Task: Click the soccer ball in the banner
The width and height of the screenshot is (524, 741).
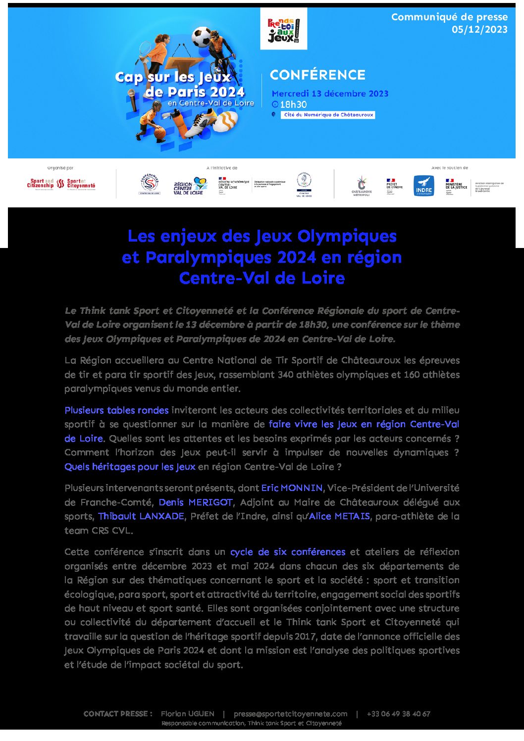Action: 202,37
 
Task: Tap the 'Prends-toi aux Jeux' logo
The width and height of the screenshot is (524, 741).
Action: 283,29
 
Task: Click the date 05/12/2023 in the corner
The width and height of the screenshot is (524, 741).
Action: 479,30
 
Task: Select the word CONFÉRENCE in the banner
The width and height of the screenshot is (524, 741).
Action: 317,75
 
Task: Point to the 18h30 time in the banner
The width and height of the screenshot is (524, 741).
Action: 293,104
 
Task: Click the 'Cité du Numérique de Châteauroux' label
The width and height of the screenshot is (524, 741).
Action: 328,115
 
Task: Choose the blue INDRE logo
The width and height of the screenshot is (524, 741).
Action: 423,186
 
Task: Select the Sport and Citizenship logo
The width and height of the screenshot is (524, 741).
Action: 40,184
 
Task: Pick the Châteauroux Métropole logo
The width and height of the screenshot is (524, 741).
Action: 362,186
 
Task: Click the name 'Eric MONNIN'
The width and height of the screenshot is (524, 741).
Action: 292,488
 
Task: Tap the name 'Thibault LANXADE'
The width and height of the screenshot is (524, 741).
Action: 141,516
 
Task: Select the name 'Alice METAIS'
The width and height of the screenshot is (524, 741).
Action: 339,516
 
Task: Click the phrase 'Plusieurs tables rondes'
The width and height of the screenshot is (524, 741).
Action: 116,410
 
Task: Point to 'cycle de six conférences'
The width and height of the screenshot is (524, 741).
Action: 288,552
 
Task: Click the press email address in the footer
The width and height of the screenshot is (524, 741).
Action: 290,714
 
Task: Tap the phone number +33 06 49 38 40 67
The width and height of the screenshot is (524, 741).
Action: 398,714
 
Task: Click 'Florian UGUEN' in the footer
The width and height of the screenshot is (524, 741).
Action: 188,714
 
